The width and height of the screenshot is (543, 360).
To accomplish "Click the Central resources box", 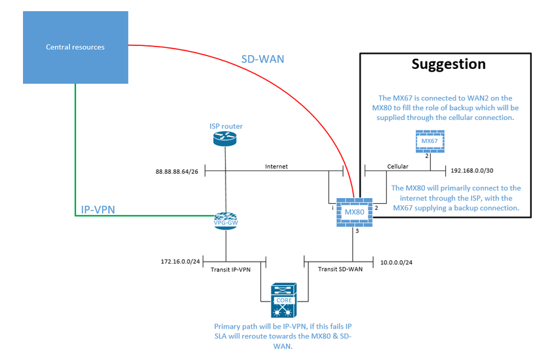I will (x=75, y=47).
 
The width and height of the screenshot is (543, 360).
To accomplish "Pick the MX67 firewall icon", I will (x=430, y=141).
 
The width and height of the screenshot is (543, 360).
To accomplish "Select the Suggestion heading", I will (x=448, y=64).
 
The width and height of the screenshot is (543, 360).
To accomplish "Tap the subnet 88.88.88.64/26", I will (x=178, y=172).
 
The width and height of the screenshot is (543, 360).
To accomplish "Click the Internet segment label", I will (x=276, y=167).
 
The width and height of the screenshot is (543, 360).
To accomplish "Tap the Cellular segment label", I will (x=398, y=167).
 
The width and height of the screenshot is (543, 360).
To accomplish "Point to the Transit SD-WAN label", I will (x=338, y=268).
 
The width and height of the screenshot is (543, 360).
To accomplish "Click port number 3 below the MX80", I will (x=357, y=231).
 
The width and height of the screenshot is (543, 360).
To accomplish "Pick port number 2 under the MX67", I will (x=426, y=155).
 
